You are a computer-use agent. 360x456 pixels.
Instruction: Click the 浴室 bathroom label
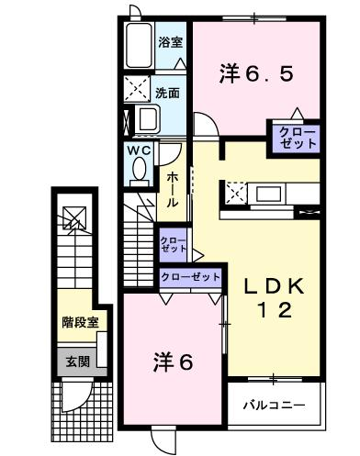[170, 42]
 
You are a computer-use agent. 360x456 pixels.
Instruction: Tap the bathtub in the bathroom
[139, 45]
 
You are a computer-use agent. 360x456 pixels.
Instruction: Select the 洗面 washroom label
[167, 93]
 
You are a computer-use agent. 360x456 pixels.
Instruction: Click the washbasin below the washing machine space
[147, 119]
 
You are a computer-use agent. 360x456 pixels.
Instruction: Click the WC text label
[139, 150]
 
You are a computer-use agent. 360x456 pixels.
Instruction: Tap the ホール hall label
[172, 190]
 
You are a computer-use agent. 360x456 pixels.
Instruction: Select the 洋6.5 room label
[256, 74]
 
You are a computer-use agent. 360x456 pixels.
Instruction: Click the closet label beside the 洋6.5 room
[298, 139]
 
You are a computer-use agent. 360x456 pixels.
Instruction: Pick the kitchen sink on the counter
[268, 194]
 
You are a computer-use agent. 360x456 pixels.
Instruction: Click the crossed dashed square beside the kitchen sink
[236, 193]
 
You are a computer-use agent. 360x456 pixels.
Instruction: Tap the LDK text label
[274, 286]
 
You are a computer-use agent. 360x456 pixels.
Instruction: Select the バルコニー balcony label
[275, 406]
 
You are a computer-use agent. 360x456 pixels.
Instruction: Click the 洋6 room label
[174, 362]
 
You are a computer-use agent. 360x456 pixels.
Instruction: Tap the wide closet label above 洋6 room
[191, 277]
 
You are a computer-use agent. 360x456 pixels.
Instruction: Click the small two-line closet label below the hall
[174, 244]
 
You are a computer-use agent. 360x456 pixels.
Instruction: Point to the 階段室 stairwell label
[80, 322]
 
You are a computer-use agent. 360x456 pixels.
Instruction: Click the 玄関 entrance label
[78, 361]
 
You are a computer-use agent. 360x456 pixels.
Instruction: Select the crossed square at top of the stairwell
[74, 217]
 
